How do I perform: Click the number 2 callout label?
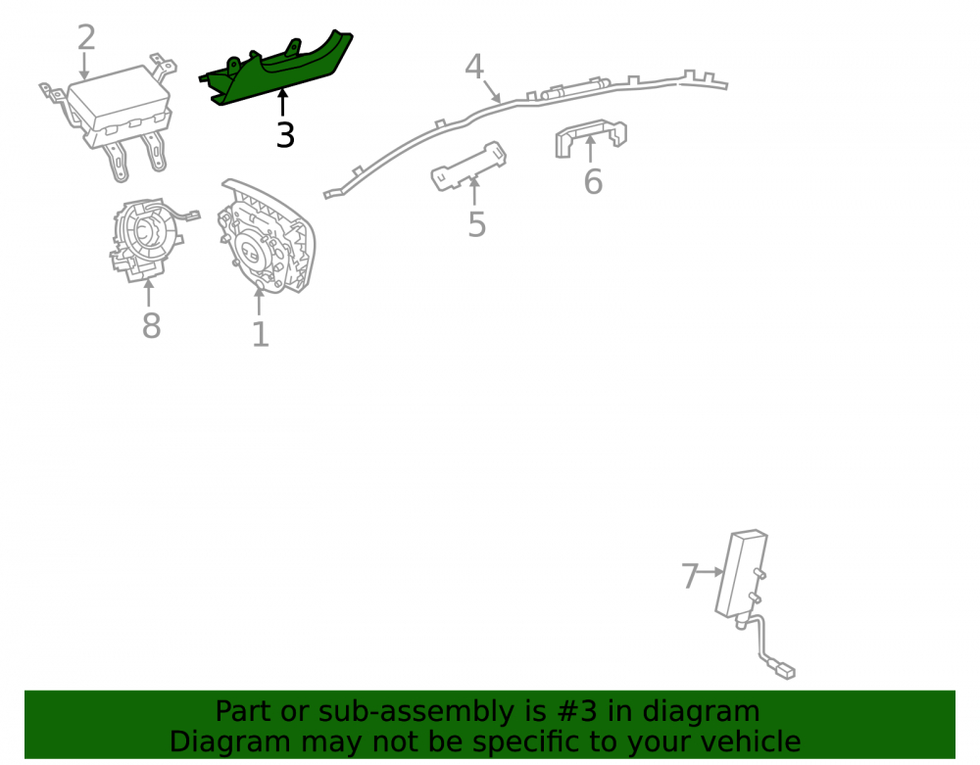pos(86,37)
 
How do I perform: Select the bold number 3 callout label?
pos(285,135)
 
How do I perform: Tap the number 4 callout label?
pos(473,67)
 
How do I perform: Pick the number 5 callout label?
pos(476,225)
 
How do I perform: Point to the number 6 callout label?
pos(593,182)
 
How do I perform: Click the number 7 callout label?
pos(689,576)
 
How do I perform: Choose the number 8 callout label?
pos(151,326)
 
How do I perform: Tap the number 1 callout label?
pos(260,335)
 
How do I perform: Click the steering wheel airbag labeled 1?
pos(268,237)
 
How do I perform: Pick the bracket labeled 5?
pos(468,166)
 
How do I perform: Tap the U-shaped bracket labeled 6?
pos(590,137)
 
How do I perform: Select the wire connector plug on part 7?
pos(784,671)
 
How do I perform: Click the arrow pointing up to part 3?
pos(282,103)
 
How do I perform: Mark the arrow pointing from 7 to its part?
pos(711,571)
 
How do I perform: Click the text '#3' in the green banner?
pos(571,711)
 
